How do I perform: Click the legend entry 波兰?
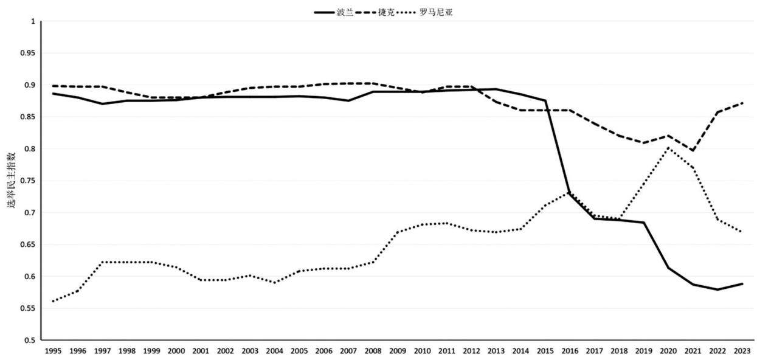334,13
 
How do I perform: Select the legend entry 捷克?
375,13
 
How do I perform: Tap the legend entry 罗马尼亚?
425,13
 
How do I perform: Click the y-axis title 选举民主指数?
12,180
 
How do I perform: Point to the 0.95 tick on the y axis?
28,53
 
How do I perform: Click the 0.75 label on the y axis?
28,181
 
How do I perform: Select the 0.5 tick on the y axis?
30,341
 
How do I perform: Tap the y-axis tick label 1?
33,21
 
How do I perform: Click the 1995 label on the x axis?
53,351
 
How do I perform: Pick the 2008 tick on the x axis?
373,351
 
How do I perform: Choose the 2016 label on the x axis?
570,351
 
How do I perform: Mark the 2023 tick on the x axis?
742,351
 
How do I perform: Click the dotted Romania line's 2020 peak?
668,148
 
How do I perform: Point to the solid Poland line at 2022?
717,289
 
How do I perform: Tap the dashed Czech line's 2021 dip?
693,150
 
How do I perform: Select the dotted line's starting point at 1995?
53,301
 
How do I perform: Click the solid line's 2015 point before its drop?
545,100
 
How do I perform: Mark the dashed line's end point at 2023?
742,103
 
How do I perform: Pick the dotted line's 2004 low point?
275,283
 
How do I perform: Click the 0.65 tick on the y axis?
28,244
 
